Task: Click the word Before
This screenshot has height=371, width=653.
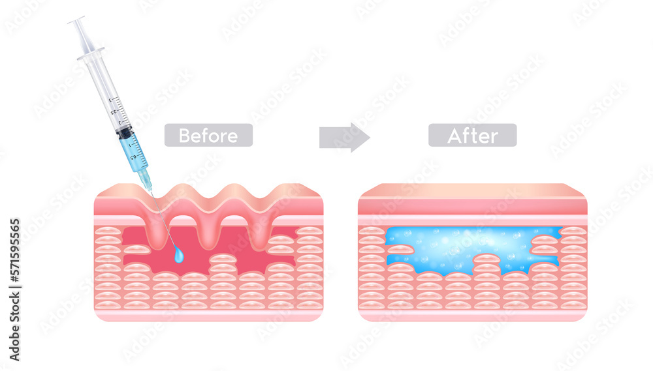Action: tap(208, 136)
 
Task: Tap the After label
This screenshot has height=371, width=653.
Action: tap(472, 136)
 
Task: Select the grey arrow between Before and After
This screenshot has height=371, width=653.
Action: tap(344, 137)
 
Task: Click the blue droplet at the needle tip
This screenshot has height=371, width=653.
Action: tap(179, 256)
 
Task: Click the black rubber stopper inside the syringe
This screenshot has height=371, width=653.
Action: tap(124, 132)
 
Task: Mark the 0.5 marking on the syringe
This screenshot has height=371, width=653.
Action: tap(134, 156)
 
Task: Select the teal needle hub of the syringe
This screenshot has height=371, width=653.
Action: tap(146, 177)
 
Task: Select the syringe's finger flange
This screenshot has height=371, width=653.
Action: tap(91, 53)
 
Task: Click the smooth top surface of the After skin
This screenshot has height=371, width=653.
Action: tap(472, 190)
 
